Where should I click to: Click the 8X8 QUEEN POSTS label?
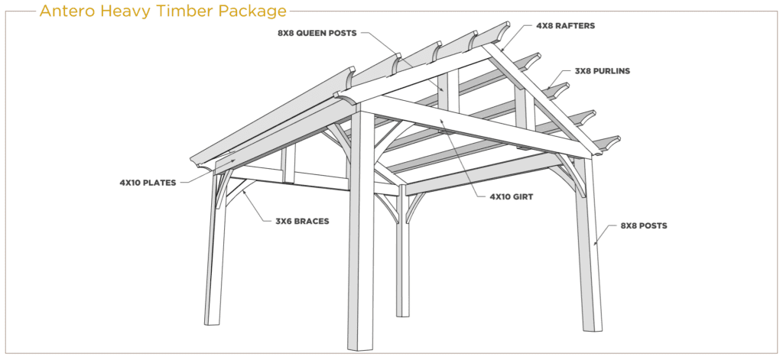click(317, 34)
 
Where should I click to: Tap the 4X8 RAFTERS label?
click(565, 26)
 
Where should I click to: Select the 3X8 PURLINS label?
click(603, 71)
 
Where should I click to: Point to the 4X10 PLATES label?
click(148, 183)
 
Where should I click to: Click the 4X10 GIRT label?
click(512, 196)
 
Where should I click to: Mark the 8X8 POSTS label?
click(644, 225)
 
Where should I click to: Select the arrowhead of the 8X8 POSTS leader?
click(595, 244)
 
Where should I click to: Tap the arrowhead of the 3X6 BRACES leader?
click(244, 191)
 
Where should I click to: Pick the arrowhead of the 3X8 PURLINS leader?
click(547, 89)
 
